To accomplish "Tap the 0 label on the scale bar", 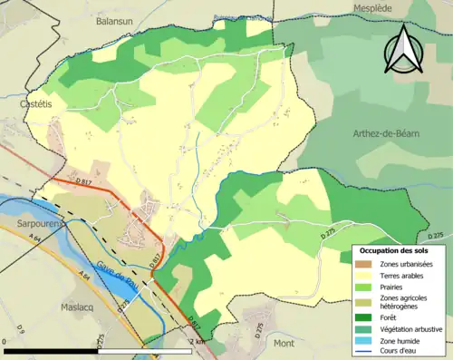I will [6, 340].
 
